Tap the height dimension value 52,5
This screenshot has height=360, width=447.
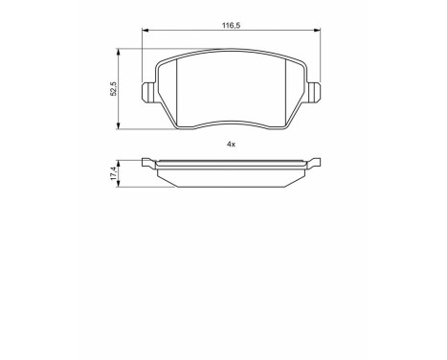point(113,88)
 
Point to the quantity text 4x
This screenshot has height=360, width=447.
point(231,143)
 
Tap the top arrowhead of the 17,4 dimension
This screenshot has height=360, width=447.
point(120,161)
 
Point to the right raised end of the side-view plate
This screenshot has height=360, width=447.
point(314,162)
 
